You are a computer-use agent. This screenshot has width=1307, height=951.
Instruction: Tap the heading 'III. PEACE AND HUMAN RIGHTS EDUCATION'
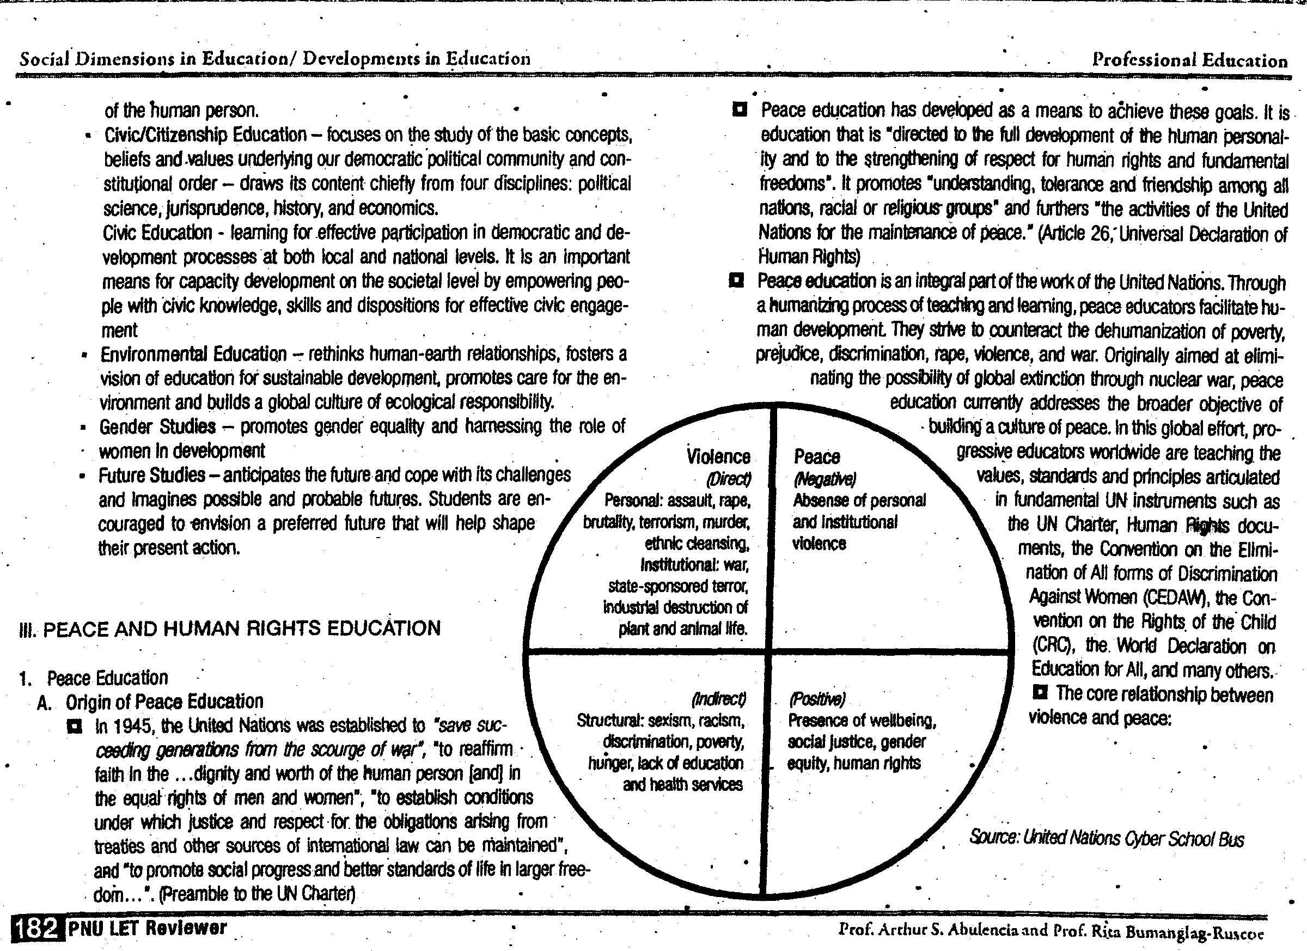pyautogui.click(x=230, y=628)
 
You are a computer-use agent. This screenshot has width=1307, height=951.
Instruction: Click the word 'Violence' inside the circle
pyautogui.click(x=718, y=456)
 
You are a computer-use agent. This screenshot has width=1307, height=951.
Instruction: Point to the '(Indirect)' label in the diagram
pyautogui.click(x=718, y=699)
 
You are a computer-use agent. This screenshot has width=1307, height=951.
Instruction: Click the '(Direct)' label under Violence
pyautogui.click(x=729, y=479)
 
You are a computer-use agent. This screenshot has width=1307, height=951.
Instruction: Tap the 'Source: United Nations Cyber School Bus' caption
pyautogui.click(x=1106, y=838)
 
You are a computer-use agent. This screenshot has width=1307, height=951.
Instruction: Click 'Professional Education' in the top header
pyautogui.click(x=1189, y=60)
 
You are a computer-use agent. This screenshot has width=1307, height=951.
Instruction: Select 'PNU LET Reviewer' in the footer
pyautogui.click(x=148, y=928)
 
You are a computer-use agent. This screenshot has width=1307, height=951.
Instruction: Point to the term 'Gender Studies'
pyautogui.click(x=157, y=427)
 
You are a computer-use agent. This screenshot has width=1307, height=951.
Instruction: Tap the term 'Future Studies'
pyautogui.click(x=151, y=475)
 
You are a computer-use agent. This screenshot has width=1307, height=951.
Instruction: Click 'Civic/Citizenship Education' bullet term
pyautogui.click(x=205, y=135)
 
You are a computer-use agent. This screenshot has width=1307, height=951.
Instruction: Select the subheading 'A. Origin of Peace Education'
pyautogui.click(x=151, y=702)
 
